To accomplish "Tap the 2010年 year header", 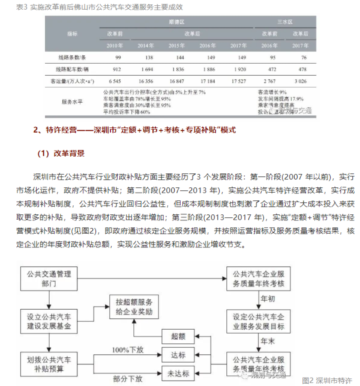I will (x=115, y=45).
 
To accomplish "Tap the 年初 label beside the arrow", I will (x=268, y=298).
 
